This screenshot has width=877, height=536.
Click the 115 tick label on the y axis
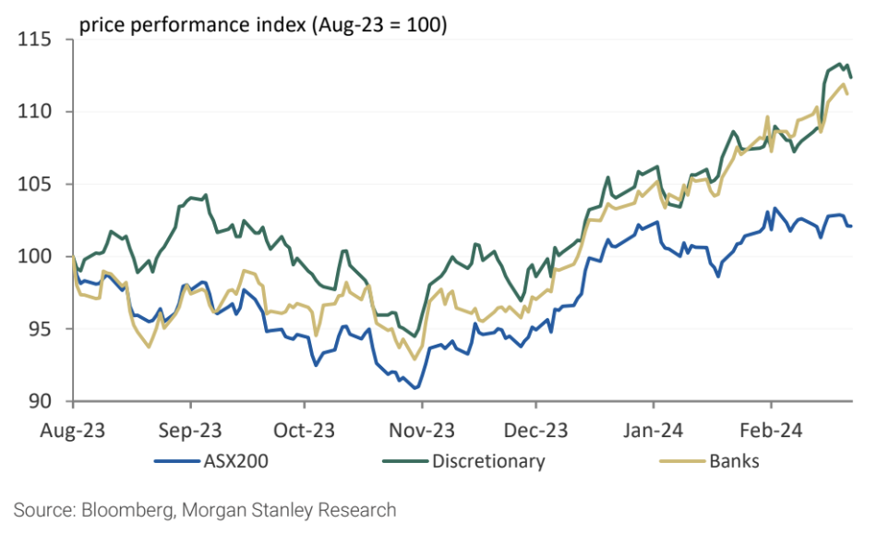click(34, 41)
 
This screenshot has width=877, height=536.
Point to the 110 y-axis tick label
click(34, 113)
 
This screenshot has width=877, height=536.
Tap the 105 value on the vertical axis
click(34, 185)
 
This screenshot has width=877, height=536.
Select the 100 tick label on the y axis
click(34, 257)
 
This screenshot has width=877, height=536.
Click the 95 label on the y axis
click(39, 329)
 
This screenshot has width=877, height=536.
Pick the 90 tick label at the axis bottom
click(39, 401)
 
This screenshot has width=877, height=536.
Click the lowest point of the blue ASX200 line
click(416, 388)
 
